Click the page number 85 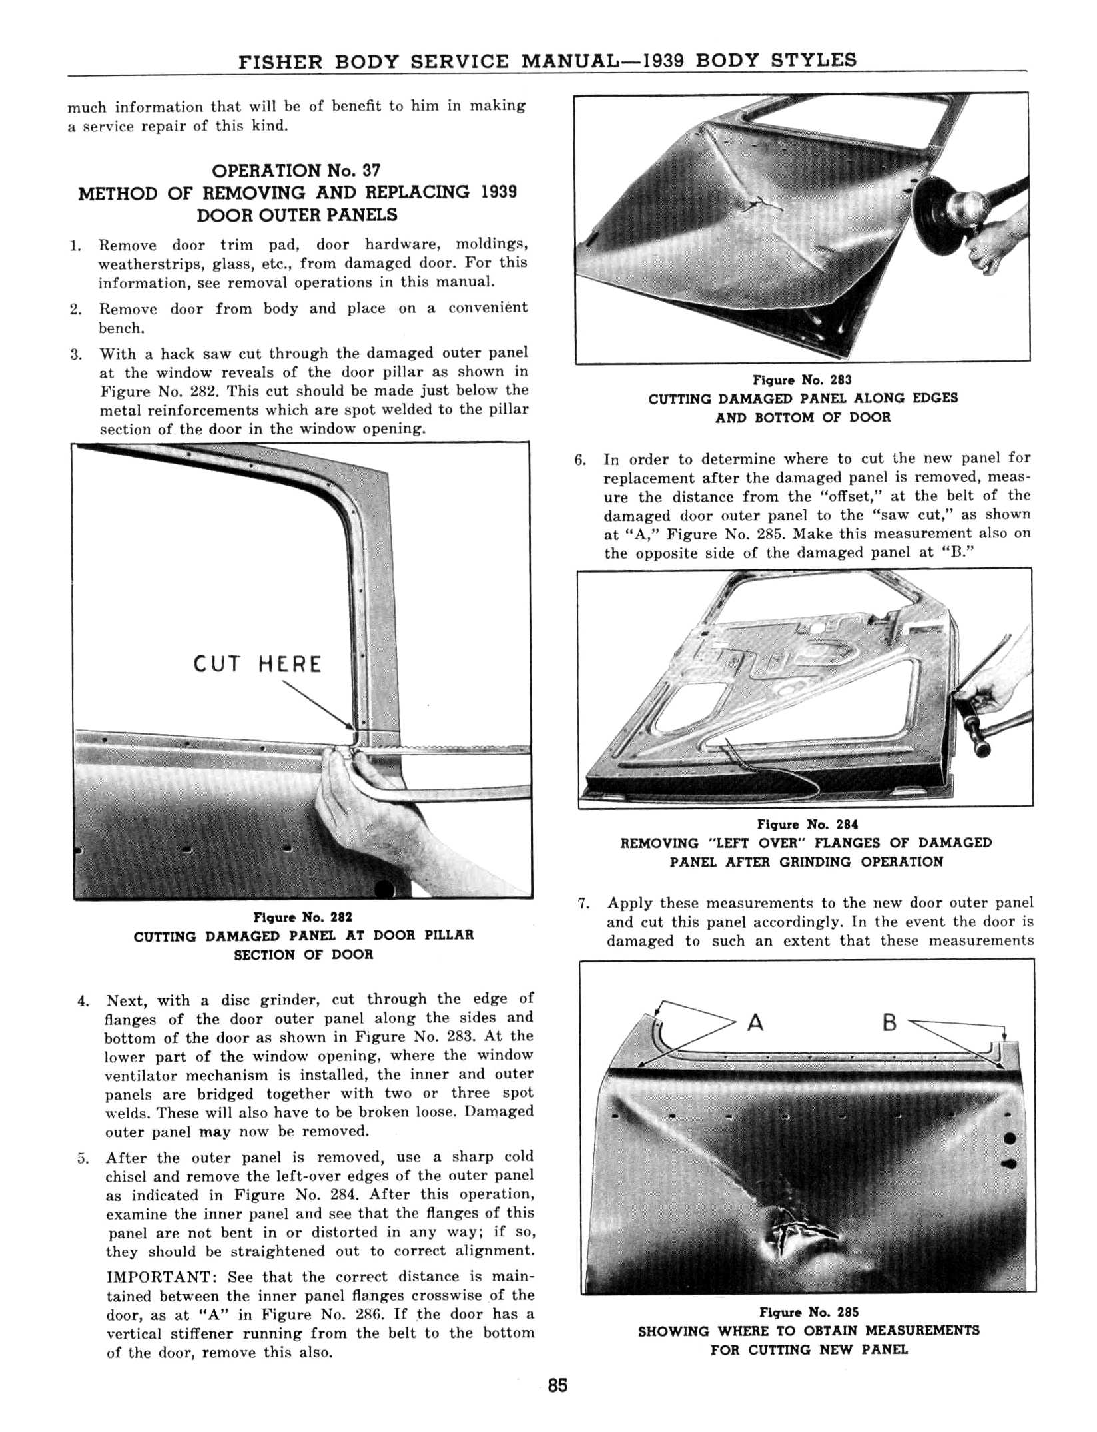click(x=557, y=1385)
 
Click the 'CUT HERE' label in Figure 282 click(x=257, y=664)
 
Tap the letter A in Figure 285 click(x=755, y=1022)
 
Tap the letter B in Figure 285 click(x=889, y=1022)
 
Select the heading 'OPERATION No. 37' click(x=296, y=171)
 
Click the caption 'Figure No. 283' click(x=802, y=380)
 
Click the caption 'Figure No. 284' click(x=807, y=824)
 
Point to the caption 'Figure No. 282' click(x=303, y=917)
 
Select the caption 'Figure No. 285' click(x=809, y=1312)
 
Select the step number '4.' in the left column click(x=83, y=1001)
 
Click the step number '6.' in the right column click(x=580, y=460)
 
